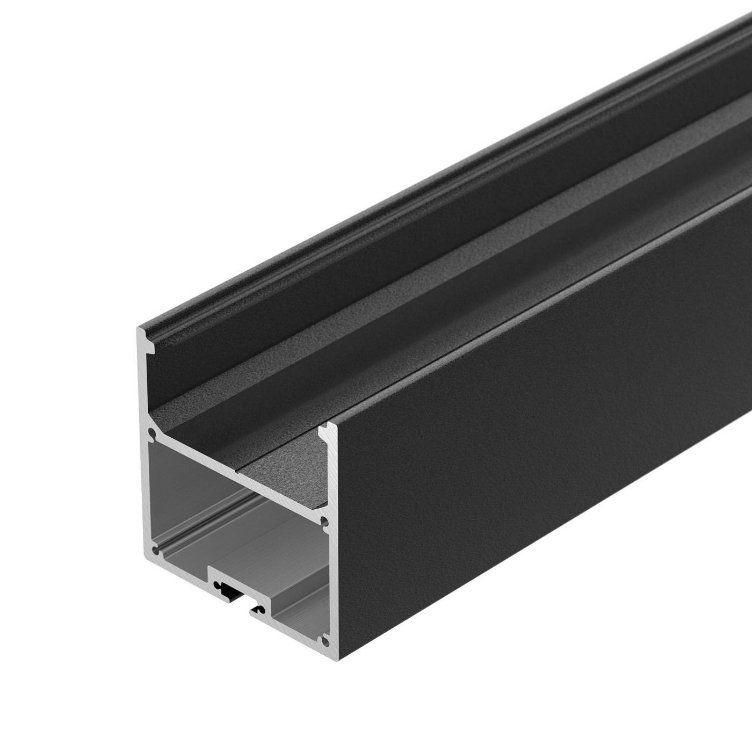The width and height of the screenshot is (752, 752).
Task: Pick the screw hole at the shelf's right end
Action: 324,521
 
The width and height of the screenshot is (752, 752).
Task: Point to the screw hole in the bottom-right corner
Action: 324,640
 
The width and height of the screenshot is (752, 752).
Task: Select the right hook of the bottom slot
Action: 259,609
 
